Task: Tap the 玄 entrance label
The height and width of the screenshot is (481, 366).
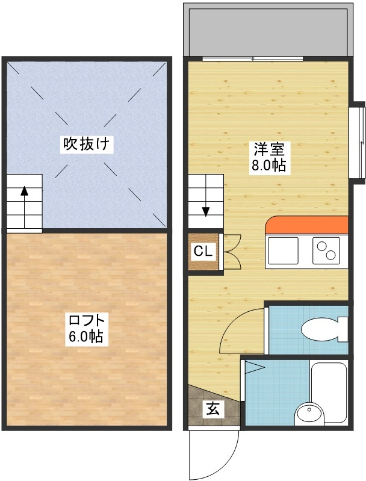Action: pyautogui.click(x=214, y=409)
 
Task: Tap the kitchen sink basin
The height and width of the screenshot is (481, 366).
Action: pyautogui.click(x=283, y=251)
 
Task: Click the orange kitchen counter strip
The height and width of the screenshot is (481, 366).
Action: pyautogui.click(x=307, y=225)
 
